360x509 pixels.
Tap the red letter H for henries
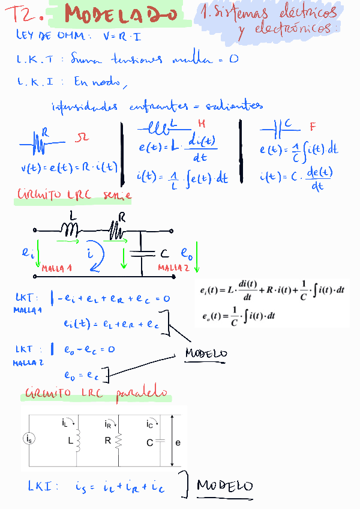(202, 124)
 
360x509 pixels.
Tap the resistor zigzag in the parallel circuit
(119, 442)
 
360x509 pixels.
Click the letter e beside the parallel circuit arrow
(178, 442)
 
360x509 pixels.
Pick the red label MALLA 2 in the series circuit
(173, 267)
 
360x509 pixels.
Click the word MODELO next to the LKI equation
(225, 485)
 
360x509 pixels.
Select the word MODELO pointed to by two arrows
(206, 354)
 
